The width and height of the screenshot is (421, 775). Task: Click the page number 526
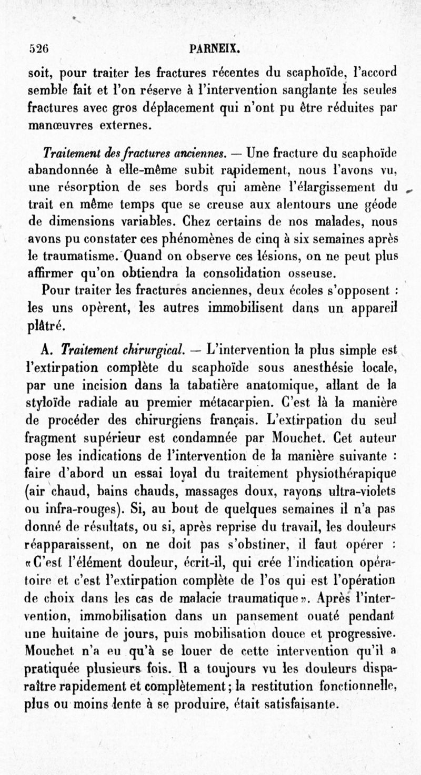point(38,49)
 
